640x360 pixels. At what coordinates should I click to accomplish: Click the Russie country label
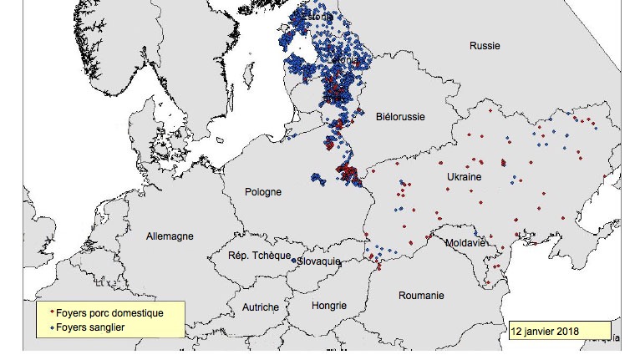point(485,46)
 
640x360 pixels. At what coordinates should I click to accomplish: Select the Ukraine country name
point(463,178)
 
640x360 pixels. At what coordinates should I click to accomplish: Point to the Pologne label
point(263,192)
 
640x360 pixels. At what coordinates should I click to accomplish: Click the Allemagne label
point(170,236)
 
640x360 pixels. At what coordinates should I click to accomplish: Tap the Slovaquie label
point(320,261)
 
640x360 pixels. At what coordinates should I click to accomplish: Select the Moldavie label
point(465,243)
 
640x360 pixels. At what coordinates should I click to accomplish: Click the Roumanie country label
point(421,296)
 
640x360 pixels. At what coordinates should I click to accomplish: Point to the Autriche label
point(260,307)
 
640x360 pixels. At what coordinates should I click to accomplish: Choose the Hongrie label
point(328,306)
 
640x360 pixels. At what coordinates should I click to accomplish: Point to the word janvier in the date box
point(541,330)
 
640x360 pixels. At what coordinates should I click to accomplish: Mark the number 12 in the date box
point(518,330)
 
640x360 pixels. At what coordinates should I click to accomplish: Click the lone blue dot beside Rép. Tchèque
point(293,260)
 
